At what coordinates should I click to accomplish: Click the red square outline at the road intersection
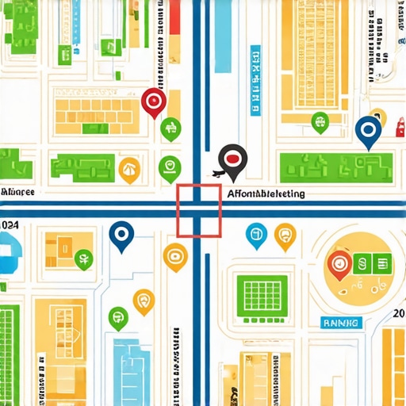pos(198,210)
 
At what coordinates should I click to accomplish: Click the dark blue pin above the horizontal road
pos(367,131)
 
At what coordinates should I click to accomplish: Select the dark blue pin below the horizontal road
pos(121,235)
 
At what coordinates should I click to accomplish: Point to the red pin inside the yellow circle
pos(339,264)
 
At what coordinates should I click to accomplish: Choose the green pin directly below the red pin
pos(170,128)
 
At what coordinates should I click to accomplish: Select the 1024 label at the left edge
pos(9,226)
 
